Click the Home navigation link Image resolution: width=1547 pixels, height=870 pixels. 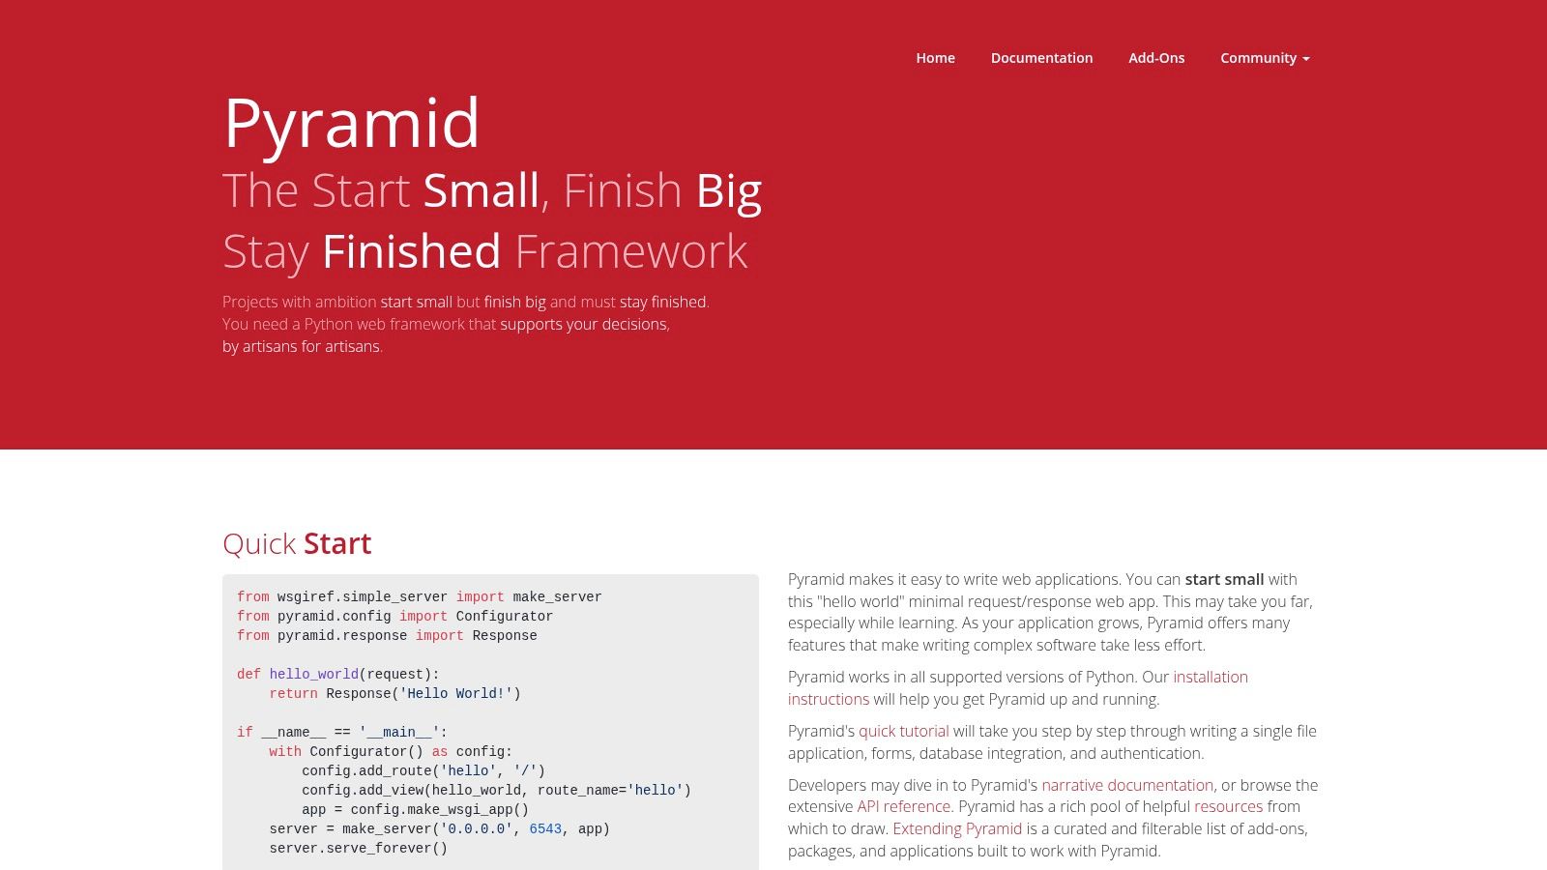[x=935, y=58]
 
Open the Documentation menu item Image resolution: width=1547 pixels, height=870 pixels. [x=1041, y=58]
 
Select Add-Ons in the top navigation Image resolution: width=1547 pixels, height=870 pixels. [x=1156, y=58]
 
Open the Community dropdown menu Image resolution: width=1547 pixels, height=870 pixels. [x=1265, y=58]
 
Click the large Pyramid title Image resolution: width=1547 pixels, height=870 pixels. [x=351, y=124]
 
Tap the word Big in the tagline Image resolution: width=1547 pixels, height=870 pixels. [x=729, y=190]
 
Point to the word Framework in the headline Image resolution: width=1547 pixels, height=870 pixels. [x=631, y=251]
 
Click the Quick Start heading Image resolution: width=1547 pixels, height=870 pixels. [x=297, y=543]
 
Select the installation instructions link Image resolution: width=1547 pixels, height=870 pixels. [x=1210, y=677]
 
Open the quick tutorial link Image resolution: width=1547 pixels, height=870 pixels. [x=903, y=731]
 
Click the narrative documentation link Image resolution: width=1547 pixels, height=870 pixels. [x=1126, y=785]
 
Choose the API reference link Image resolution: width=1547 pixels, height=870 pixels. [x=903, y=806]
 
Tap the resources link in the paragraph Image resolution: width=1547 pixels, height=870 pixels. [x=1228, y=806]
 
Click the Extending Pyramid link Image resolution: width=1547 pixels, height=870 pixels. [x=956, y=828]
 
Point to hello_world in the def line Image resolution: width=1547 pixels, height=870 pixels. [x=313, y=674]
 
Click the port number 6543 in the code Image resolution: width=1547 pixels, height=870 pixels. [x=545, y=828]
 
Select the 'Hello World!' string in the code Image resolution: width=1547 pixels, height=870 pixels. [x=456, y=693]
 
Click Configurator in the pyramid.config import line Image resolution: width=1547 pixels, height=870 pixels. [x=505, y=616]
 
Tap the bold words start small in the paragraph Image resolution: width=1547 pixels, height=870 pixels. [x=1224, y=579]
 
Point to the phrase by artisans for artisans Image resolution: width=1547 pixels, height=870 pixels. [x=302, y=346]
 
